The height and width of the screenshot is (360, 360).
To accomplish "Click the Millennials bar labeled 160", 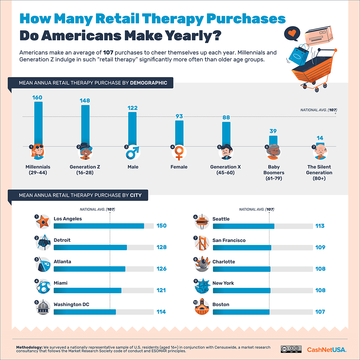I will tap(38, 123).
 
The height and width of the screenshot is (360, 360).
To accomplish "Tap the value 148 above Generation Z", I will tap(85, 100).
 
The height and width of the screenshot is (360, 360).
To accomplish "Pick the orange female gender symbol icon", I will tap(179, 153).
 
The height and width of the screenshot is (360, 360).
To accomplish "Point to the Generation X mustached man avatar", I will tap(226, 153).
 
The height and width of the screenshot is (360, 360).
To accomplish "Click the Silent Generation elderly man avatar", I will tap(320, 152).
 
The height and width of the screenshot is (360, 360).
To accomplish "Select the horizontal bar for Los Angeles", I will tap(99, 226).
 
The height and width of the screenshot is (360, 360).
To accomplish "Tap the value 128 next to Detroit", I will tap(161, 247).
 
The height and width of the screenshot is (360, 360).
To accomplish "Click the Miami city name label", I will tap(60, 283).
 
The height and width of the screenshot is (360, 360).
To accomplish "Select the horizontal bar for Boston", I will tap(241, 312).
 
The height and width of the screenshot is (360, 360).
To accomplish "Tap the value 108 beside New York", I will tap(320, 290).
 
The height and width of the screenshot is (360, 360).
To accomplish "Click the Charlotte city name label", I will tap(224, 262).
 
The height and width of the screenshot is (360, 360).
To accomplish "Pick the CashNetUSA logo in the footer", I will tap(326, 350).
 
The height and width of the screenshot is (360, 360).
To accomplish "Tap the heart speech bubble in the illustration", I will tap(292, 33).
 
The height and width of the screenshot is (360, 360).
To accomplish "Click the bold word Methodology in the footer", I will tap(29, 347).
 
